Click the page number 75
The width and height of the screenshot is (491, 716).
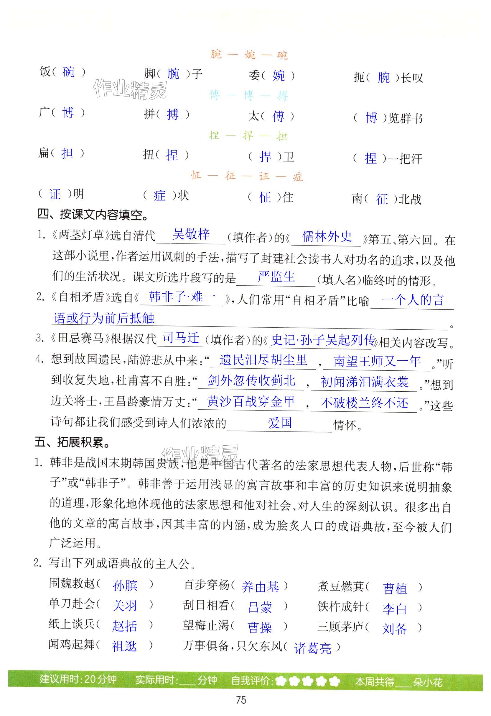pyautogui.click(x=241, y=700)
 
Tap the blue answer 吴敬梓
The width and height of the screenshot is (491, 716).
pyautogui.click(x=191, y=234)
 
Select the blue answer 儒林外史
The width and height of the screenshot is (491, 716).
pyautogui.click(x=327, y=236)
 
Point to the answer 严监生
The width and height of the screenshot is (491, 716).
pyautogui.click(x=276, y=276)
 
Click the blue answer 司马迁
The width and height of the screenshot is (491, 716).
pyautogui.click(x=181, y=338)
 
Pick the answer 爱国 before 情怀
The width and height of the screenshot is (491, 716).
pyautogui.click(x=280, y=423)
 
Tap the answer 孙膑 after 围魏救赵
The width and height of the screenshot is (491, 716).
pyautogui.click(x=125, y=585)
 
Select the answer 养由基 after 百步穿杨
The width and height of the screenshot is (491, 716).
pyautogui.click(x=260, y=587)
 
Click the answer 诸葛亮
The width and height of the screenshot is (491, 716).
pyautogui.click(x=313, y=648)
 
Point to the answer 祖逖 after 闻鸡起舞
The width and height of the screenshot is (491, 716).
pyautogui.click(x=124, y=646)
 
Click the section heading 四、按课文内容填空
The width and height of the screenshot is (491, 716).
pyautogui.click(x=93, y=215)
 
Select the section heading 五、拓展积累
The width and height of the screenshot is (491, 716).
pyautogui.click(x=73, y=442)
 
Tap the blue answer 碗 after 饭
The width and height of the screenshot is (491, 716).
pyautogui.click(x=68, y=72)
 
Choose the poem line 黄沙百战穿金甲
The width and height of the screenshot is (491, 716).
pyautogui.click(x=251, y=401)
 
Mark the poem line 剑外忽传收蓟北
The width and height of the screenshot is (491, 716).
pyautogui.click(x=251, y=381)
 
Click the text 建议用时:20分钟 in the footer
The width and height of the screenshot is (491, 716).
pyautogui.click(x=78, y=679)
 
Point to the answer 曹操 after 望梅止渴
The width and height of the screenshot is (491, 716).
pyautogui.click(x=260, y=627)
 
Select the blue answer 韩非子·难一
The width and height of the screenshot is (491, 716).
pyautogui.click(x=182, y=297)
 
